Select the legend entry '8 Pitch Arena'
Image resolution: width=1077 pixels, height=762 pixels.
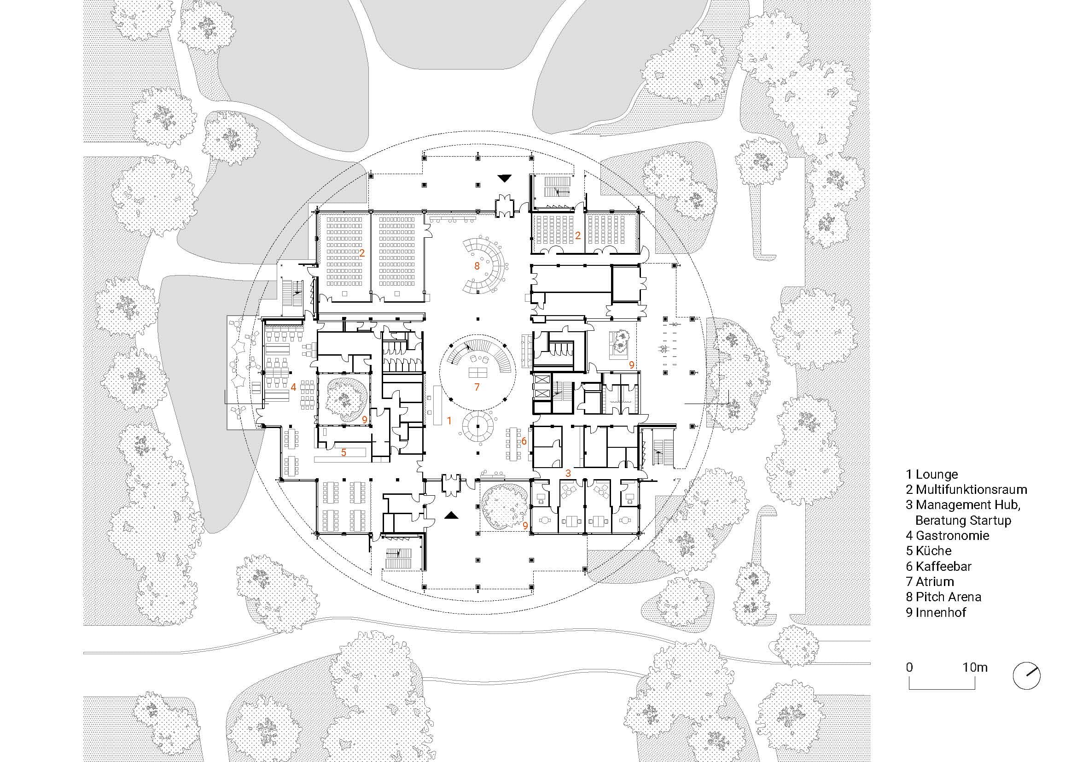pyautogui.click(x=943, y=597)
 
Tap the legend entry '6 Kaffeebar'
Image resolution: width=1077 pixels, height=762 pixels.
pyautogui.click(x=938, y=566)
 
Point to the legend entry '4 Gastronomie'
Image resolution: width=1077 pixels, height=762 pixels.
pyautogui.click(x=947, y=535)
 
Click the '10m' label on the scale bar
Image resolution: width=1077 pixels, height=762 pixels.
pyautogui.click(x=975, y=667)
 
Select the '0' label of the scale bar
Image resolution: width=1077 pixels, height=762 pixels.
pyautogui.click(x=909, y=667)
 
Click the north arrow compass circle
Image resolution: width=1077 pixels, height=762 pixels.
pyautogui.click(x=1026, y=676)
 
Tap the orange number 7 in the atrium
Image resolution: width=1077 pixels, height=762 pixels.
pyautogui.click(x=477, y=387)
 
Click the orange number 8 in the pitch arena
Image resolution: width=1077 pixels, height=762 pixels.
pyautogui.click(x=477, y=266)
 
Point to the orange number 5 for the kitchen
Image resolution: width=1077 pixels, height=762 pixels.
pyautogui.click(x=344, y=452)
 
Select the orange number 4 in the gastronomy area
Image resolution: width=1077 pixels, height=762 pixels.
pyautogui.click(x=294, y=387)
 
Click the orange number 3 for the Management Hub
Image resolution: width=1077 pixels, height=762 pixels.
pyautogui.click(x=568, y=473)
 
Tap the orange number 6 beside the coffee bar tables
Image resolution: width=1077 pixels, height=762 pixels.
pyautogui.click(x=524, y=441)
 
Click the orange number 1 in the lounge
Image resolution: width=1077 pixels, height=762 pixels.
pyautogui.click(x=449, y=421)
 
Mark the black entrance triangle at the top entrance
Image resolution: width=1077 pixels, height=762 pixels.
pyautogui.click(x=505, y=178)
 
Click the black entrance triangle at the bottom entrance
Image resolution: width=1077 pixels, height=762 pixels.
pyautogui.click(x=451, y=516)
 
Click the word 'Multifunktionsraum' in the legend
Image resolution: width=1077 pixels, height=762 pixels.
pyautogui.click(x=971, y=489)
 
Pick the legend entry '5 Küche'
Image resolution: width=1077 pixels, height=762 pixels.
pyautogui.click(x=929, y=551)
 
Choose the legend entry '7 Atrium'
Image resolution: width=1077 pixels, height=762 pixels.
pyautogui.click(x=930, y=581)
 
